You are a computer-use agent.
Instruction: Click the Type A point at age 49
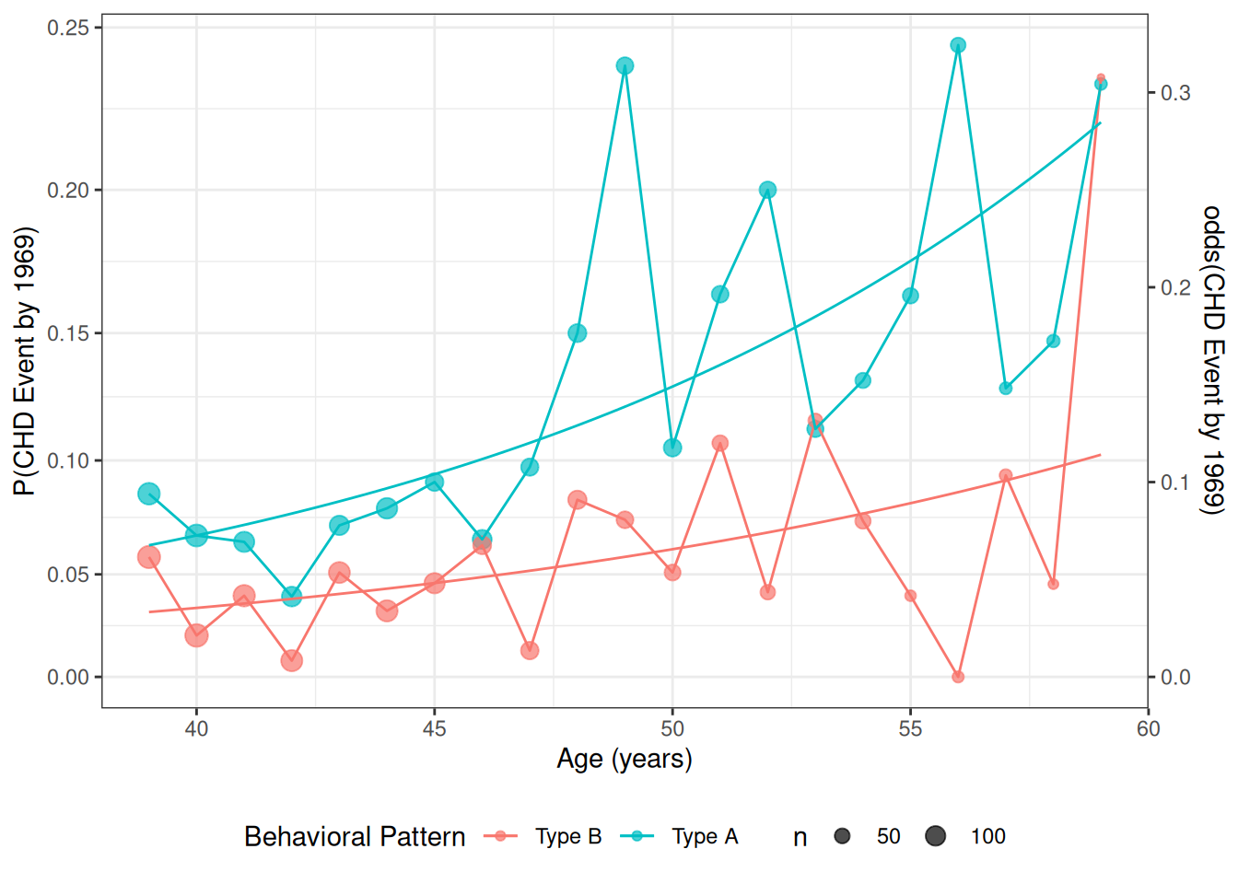tap(625, 66)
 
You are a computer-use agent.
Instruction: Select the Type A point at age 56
tap(958, 45)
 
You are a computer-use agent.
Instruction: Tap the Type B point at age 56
tap(958, 677)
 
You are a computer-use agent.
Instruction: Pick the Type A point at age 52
tap(767, 190)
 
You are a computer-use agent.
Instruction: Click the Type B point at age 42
tap(292, 660)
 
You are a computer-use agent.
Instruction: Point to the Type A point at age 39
tap(149, 494)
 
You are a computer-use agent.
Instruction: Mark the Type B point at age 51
tap(720, 443)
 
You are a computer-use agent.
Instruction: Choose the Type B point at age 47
tap(530, 651)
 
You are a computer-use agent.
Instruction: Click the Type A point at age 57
tap(1006, 389)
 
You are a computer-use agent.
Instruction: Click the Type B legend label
tap(568, 836)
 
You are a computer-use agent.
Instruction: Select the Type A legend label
tap(705, 836)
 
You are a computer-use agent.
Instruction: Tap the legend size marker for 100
tap(936, 836)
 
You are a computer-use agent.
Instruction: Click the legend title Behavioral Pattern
tap(355, 836)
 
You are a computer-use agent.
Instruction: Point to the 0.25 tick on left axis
tap(68, 29)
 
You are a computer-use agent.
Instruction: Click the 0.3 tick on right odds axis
tap(1175, 93)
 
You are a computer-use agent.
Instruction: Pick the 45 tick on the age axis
tap(435, 729)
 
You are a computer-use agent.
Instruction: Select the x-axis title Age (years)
tap(625, 759)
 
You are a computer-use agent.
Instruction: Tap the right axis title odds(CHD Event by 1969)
tap(1213, 359)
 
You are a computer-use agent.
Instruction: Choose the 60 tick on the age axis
tap(1148, 729)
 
